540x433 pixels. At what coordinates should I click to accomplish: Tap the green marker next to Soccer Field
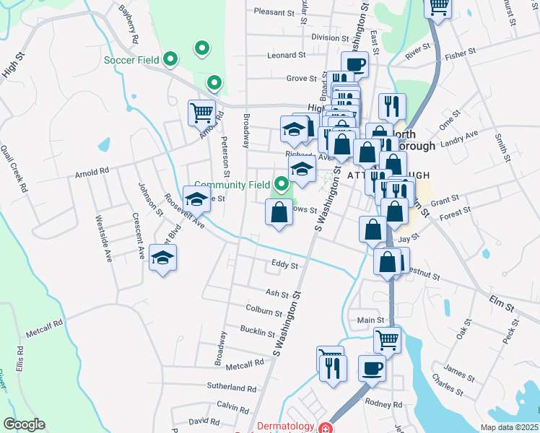[170, 58]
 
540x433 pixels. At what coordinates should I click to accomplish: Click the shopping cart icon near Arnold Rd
[201, 113]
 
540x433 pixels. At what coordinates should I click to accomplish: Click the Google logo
[24, 424]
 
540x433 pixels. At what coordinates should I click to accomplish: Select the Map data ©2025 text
[508, 427]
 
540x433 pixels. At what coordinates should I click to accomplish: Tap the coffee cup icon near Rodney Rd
[372, 368]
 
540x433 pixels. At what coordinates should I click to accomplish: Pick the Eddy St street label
[284, 266]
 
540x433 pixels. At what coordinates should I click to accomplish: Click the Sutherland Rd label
[232, 388]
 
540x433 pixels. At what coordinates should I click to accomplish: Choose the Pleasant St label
[275, 12]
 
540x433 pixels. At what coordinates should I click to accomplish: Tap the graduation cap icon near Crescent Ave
[163, 258]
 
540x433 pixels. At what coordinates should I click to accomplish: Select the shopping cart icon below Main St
[388, 339]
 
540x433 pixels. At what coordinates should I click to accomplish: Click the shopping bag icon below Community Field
[279, 212]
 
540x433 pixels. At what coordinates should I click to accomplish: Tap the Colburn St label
[264, 312]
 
